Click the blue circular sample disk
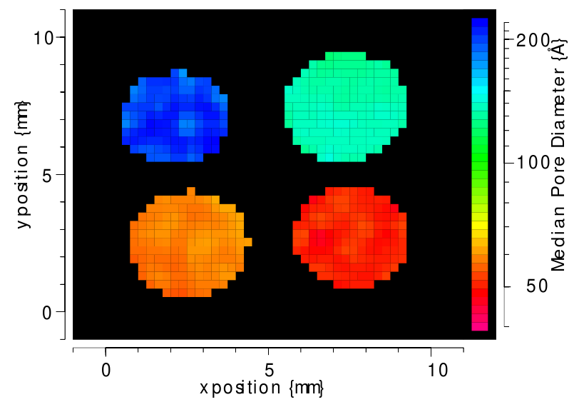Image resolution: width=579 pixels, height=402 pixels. click(175, 116)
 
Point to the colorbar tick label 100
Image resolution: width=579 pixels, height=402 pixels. click(531, 163)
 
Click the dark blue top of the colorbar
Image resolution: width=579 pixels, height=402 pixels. click(480, 24)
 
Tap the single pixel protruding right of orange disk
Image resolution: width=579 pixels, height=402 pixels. click(248, 242)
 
